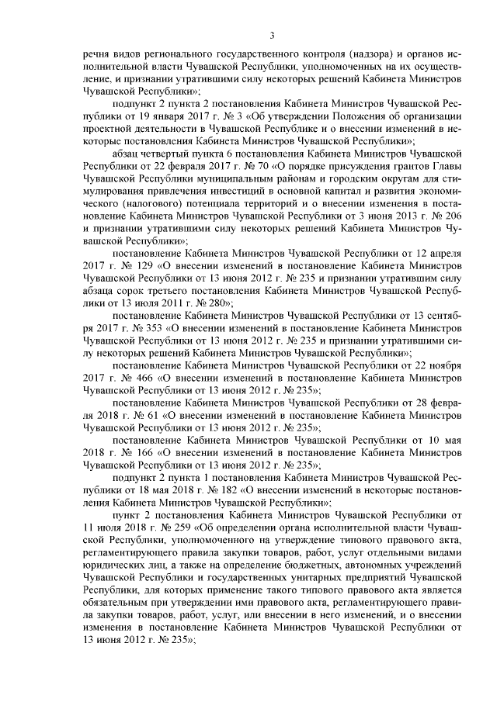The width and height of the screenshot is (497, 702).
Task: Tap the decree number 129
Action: tap(147, 265)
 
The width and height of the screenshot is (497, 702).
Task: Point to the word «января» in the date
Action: tap(151, 117)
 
